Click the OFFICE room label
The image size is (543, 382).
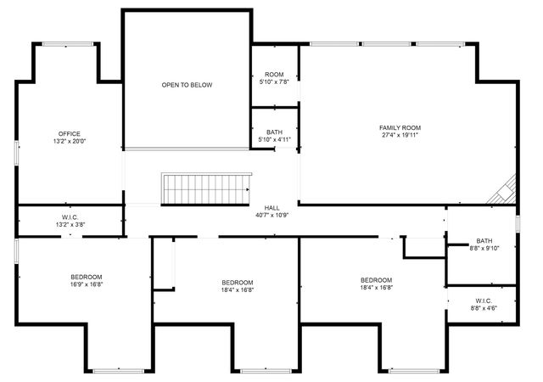pyautogui.click(x=70, y=133)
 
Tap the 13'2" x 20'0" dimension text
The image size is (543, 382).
pyautogui.click(x=70, y=142)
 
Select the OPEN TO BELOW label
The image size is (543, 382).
pyautogui.click(x=187, y=85)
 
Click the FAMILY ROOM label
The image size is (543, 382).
pyautogui.click(x=400, y=127)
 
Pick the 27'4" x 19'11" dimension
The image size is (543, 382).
pyautogui.click(x=400, y=135)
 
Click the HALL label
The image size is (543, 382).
pyautogui.click(x=271, y=207)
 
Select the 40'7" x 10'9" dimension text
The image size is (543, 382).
pyautogui.click(x=271, y=215)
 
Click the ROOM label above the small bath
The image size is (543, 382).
pyautogui.click(x=274, y=75)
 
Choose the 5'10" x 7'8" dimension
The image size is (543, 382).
pyautogui.click(x=274, y=82)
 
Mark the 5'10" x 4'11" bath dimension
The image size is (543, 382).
pyautogui.click(x=274, y=139)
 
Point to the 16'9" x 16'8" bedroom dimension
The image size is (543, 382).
pyautogui.click(x=86, y=285)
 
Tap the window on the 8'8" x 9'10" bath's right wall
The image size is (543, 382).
pyautogui.click(x=517, y=223)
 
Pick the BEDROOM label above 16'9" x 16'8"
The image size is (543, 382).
pyautogui.click(x=86, y=277)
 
